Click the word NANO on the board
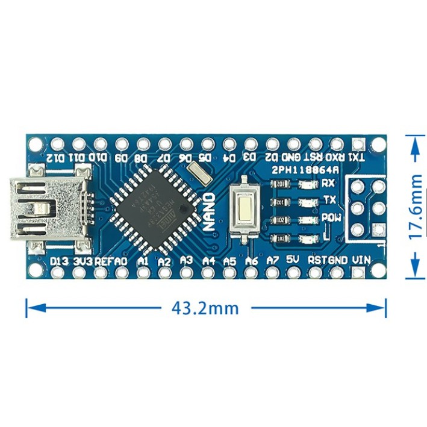(x=209, y=211)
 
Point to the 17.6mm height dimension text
(x=415, y=207)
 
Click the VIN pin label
(x=361, y=260)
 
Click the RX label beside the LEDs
(x=328, y=182)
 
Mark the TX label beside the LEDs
(x=329, y=199)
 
